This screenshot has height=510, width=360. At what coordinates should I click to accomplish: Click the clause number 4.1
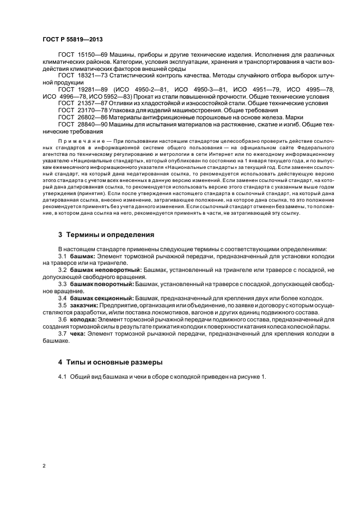[62, 378]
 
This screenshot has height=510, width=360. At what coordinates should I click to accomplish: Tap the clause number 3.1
[62, 256]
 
